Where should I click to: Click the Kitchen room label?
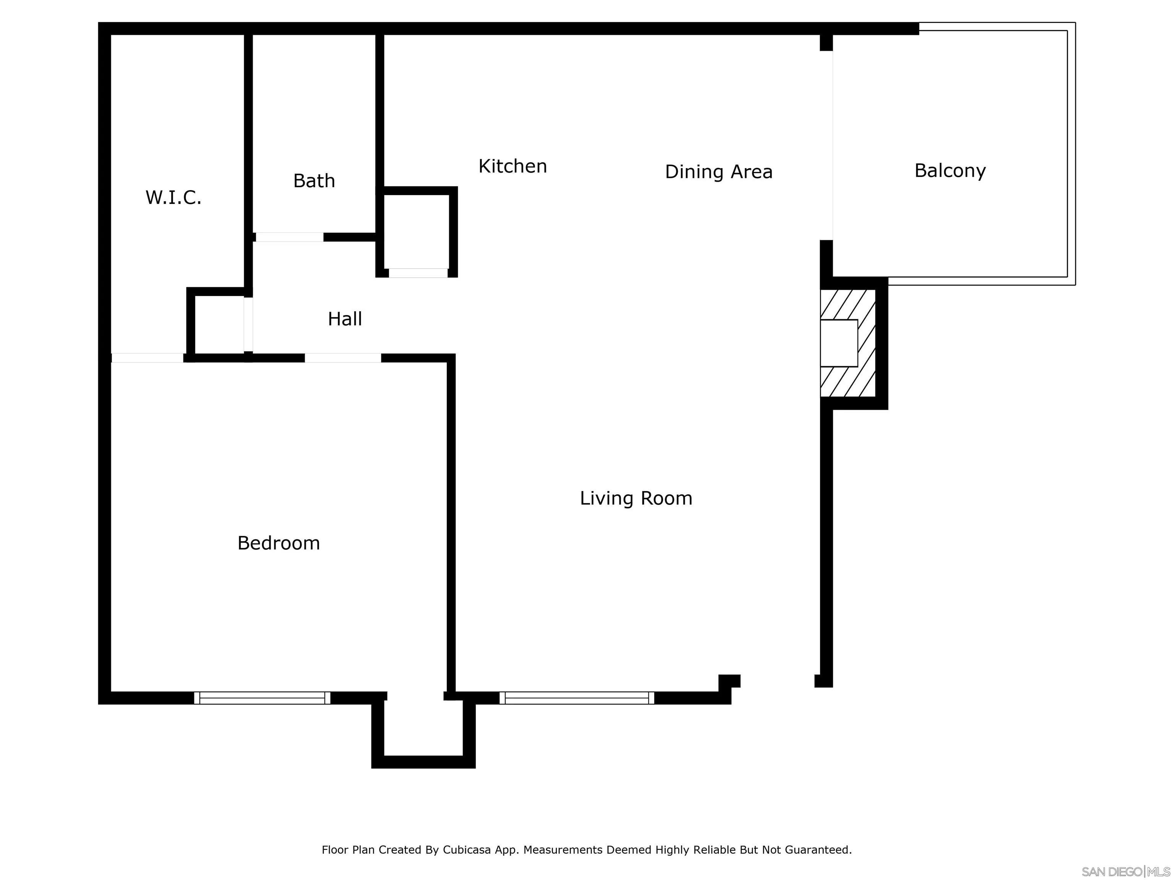[512, 167]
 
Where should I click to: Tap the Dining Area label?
[718, 172]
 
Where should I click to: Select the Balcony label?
[950, 171]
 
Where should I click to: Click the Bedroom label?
[278, 543]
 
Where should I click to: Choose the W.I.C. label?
[173, 197]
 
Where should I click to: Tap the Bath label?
[314, 181]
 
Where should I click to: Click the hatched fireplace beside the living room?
[847, 343]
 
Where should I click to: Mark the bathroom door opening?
[289, 237]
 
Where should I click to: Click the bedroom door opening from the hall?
[342, 358]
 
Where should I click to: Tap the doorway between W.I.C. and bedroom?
[147, 358]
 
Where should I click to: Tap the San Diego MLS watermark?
[1125, 872]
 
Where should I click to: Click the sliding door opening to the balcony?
[832, 146]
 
